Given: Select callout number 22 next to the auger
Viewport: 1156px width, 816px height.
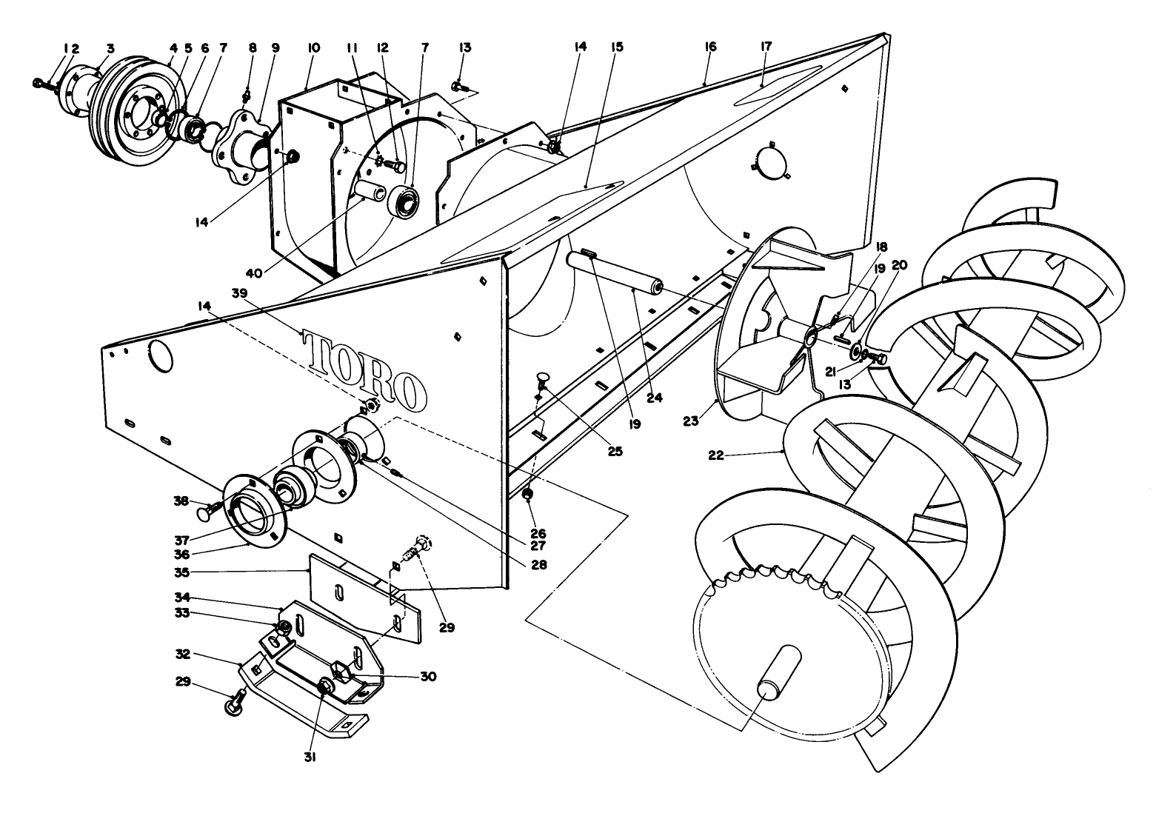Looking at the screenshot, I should [715, 455].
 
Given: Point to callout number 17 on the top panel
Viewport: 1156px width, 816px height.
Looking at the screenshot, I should [765, 46].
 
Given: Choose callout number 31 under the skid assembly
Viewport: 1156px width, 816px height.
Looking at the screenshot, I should [310, 757].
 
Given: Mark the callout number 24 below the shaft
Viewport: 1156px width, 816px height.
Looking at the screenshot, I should [654, 398].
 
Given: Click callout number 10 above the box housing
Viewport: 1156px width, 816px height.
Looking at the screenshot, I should [313, 47].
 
